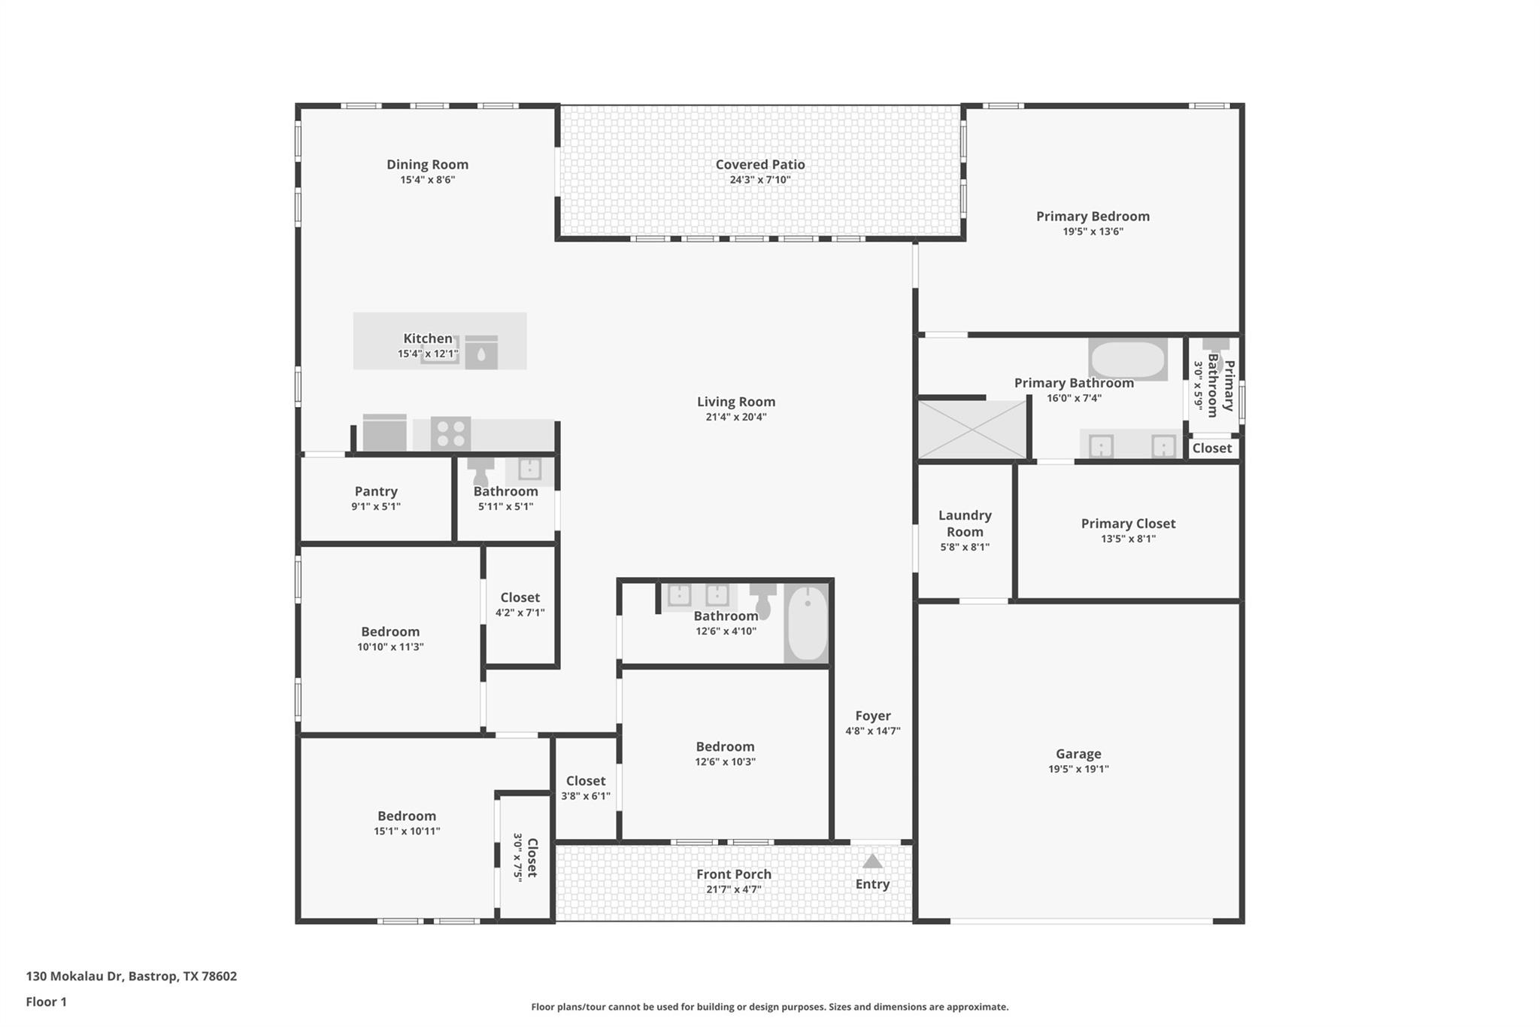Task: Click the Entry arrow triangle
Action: point(872,861)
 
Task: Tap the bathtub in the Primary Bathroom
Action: point(1127,360)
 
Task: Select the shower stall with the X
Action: point(972,430)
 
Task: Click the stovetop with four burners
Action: point(450,433)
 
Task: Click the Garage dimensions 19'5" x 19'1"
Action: point(1078,769)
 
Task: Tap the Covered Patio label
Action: point(759,164)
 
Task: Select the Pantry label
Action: point(376,491)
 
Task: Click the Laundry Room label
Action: point(965,524)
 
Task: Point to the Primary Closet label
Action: point(1128,524)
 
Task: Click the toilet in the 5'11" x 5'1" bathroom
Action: point(480,472)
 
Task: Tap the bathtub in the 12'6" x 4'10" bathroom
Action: point(807,624)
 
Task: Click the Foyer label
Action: point(872,716)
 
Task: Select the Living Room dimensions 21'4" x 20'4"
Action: point(735,418)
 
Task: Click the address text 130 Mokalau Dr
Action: point(74,976)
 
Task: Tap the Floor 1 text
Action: point(47,1001)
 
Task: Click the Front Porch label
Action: point(733,874)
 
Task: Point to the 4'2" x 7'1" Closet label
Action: point(520,597)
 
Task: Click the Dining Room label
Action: point(427,164)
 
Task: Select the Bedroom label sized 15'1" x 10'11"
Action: point(407,816)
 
